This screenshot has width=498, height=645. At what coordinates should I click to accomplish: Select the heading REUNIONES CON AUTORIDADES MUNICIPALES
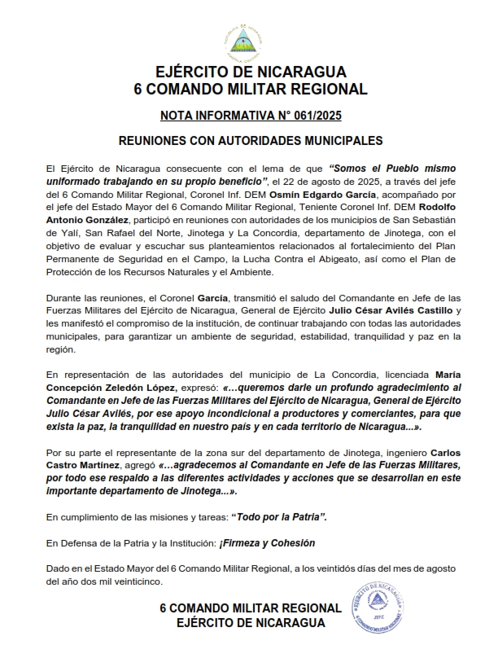click(250, 140)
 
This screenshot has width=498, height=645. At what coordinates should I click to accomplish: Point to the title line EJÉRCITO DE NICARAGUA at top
click(250, 72)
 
